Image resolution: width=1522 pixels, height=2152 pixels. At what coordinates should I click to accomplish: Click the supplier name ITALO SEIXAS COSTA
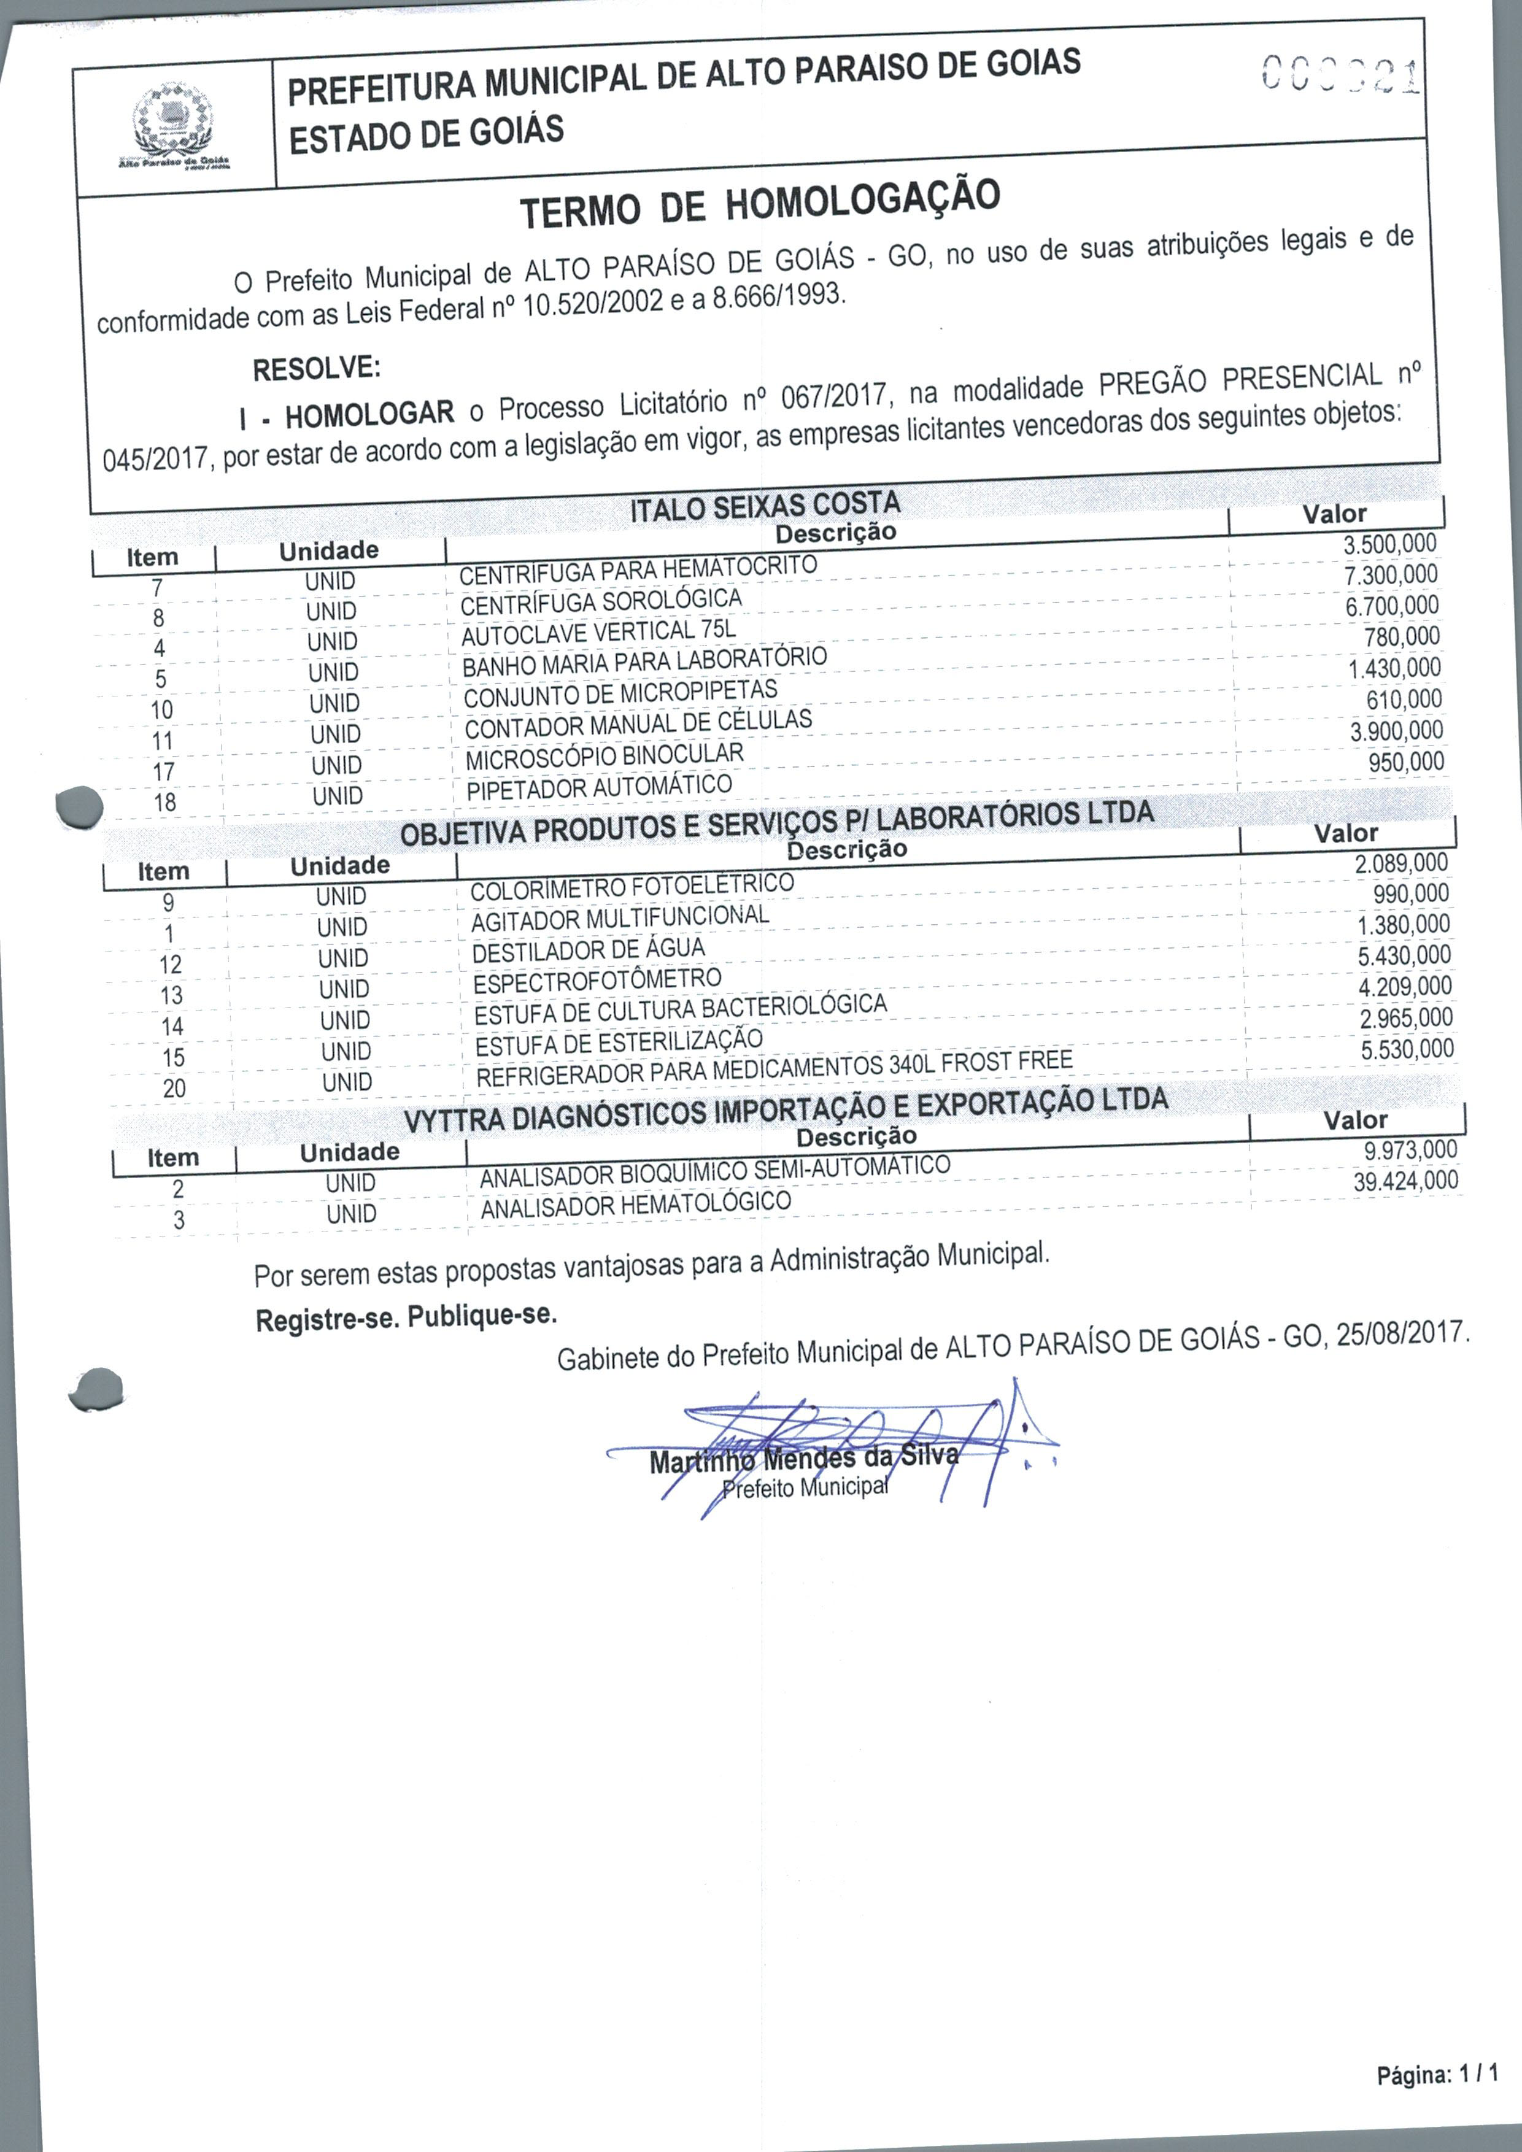pos(765,507)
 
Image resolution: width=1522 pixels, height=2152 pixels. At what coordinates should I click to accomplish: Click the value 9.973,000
pos(1410,1150)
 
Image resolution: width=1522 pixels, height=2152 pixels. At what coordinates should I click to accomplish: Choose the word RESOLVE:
pos(317,368)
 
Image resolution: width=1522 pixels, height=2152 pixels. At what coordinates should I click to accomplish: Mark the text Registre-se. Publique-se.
pos(406,1317)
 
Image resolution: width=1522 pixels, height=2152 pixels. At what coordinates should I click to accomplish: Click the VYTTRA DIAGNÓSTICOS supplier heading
pos(786,1111)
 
